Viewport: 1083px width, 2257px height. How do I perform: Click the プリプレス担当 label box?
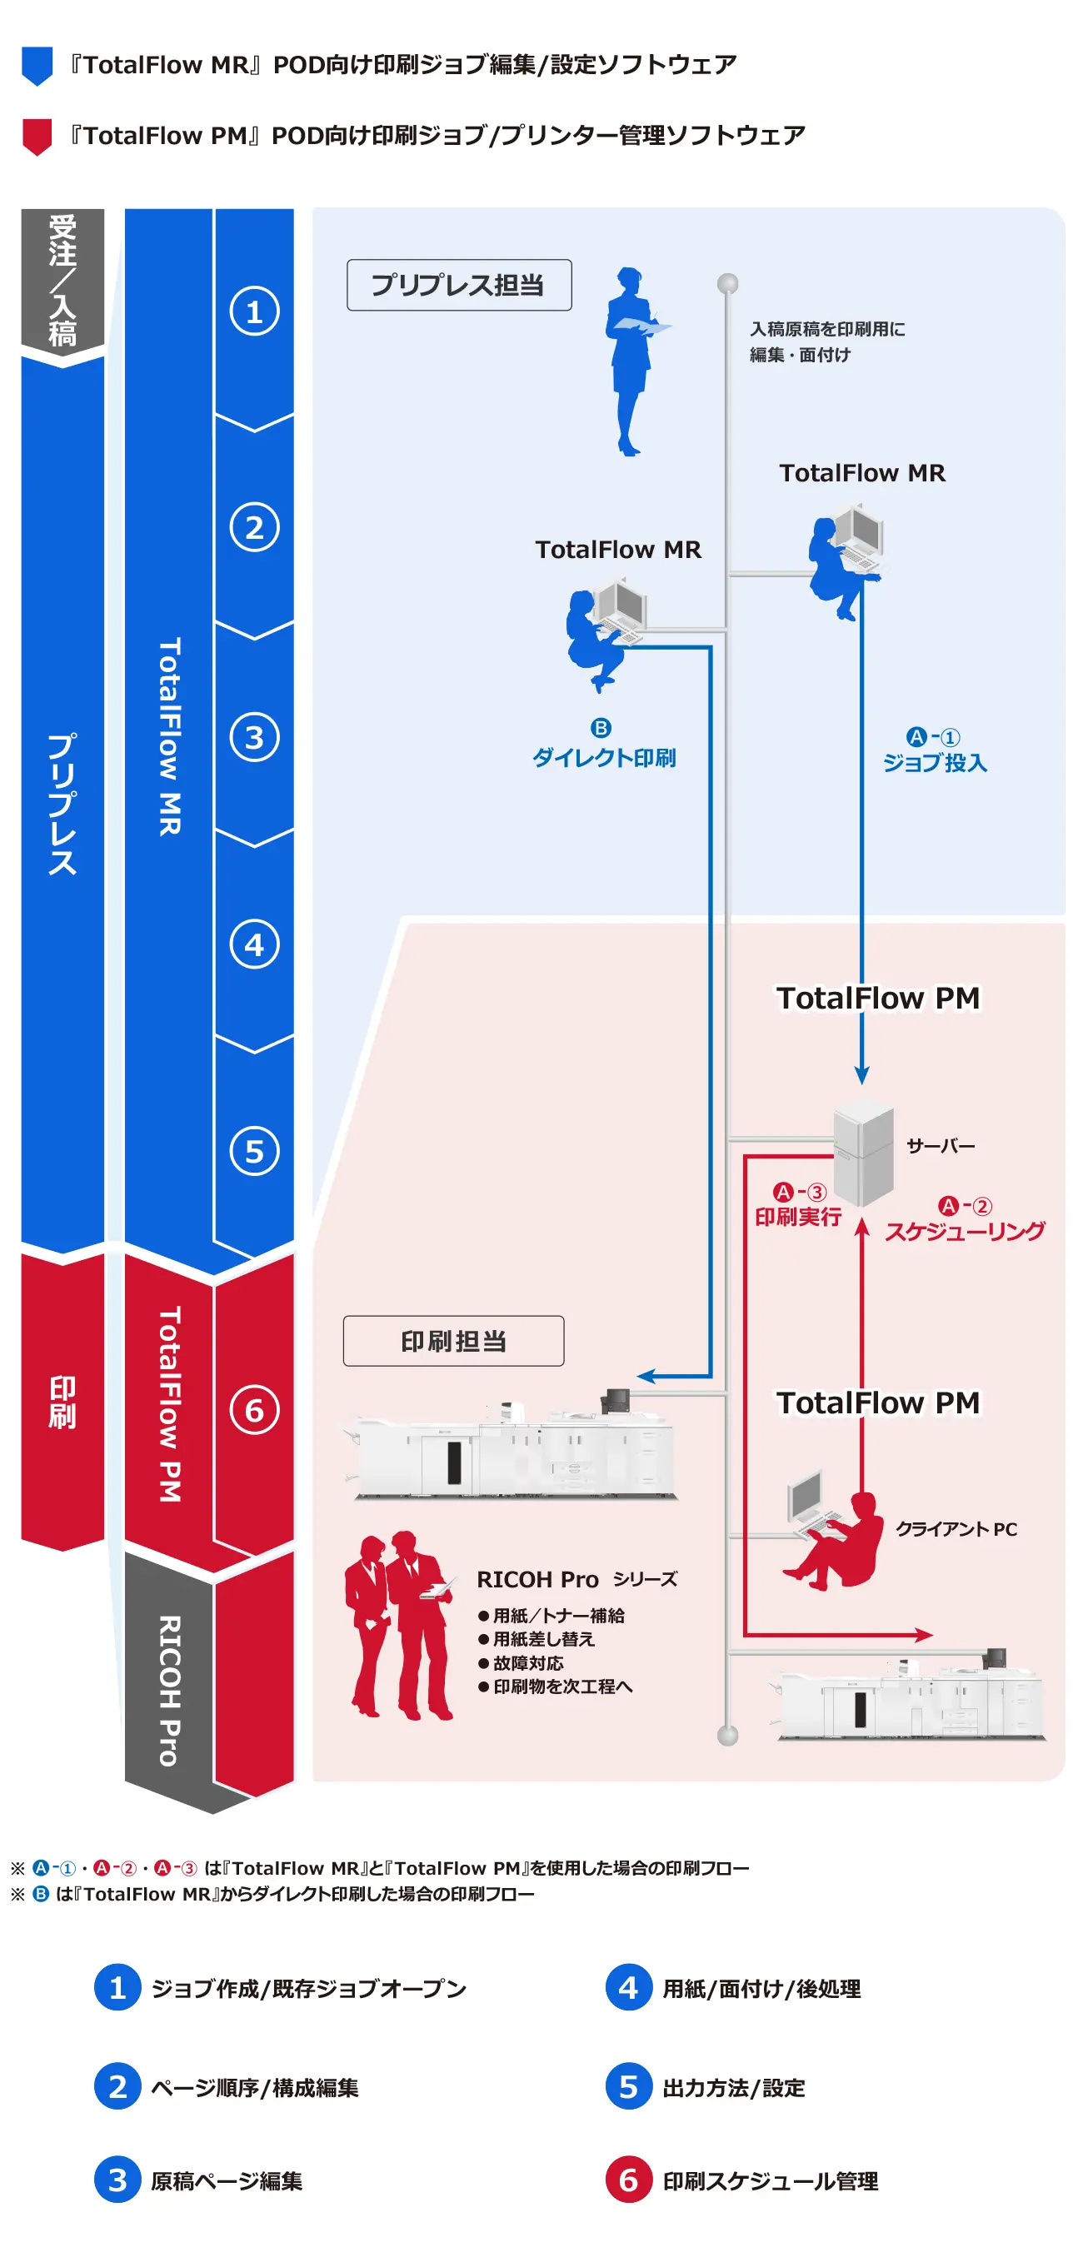coord(458,285)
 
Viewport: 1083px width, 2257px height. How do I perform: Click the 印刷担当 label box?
coord(453,1340)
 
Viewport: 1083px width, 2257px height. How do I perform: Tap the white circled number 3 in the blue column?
coord(254,737)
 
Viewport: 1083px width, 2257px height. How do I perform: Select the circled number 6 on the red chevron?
coord(254,1409)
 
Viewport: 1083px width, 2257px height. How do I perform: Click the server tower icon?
coord(863,1151)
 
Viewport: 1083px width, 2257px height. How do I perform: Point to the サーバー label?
coord(940,1145)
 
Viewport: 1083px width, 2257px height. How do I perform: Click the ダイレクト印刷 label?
coord(604,757)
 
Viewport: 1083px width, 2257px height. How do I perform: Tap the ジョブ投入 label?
coord(934,762)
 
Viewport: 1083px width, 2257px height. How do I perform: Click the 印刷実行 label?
coord(797,1216)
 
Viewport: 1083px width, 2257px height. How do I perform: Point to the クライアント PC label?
coord(955,1528)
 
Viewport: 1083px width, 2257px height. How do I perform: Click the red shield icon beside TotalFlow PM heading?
coord(37,137)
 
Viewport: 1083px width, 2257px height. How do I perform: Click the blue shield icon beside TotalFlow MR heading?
coord(37,66)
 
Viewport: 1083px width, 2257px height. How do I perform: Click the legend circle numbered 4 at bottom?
coord(628,1986)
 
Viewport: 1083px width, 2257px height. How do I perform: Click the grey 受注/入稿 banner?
coord(62,281)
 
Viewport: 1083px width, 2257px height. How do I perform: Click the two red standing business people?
coord(399,1624)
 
